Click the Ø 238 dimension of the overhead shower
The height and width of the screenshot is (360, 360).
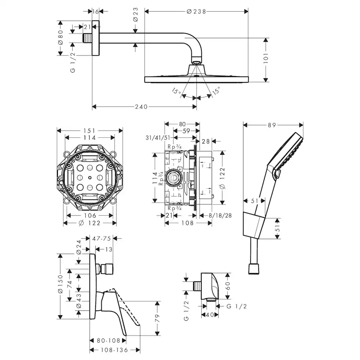click(196, 11)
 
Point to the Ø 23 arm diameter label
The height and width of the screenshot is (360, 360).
click(135, 14)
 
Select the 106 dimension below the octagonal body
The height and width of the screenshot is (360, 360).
click(90, 216)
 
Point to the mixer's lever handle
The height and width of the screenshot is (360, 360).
click(123, 313)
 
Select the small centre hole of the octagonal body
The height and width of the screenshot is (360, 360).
click(90, 178)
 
